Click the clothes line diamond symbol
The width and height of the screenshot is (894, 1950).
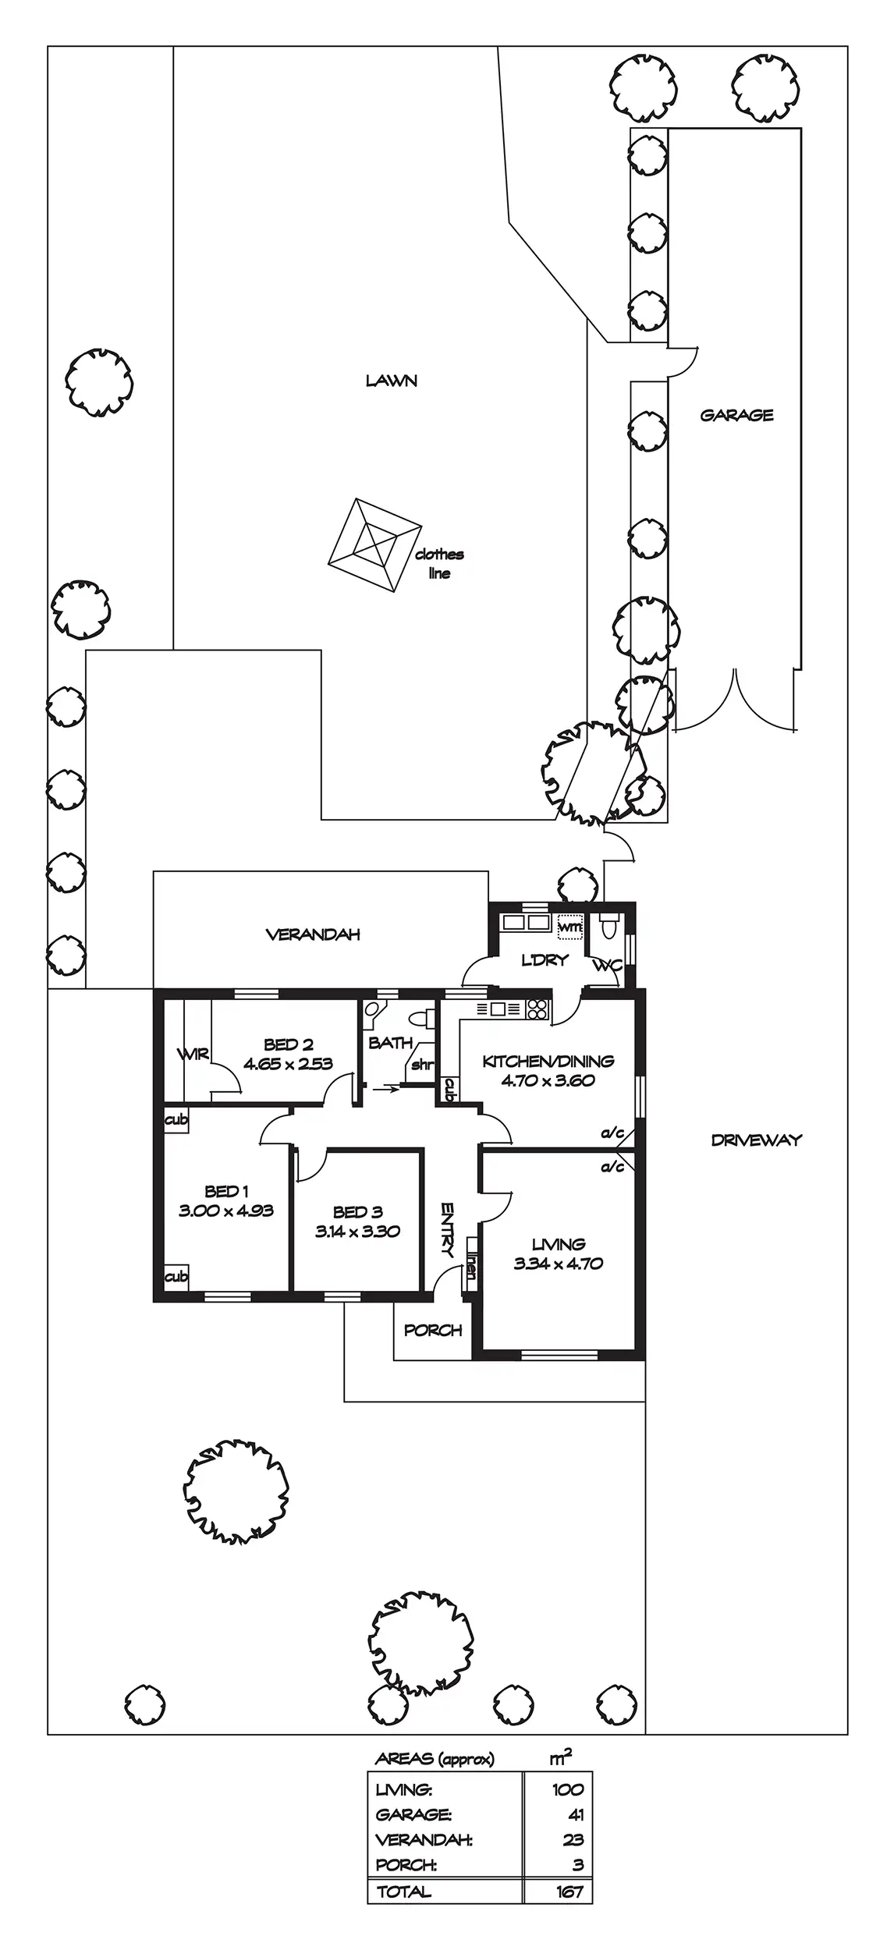tap(374, 544)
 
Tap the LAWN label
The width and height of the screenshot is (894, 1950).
tap(392, 381)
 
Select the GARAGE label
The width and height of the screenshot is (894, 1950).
tap(736, 415)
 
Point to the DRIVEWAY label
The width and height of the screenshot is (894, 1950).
tap(756, 1140)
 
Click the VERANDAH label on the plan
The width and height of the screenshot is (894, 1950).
tap(313, 934)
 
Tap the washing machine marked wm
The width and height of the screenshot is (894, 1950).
tap(570, 925)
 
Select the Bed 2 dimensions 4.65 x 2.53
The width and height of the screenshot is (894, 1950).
tap(288, 1064)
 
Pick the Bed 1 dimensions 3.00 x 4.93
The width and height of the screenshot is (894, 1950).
tap(226, 1211)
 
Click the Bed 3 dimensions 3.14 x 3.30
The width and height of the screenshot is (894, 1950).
tap(357, 1232)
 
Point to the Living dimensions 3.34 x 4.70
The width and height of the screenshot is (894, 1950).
tap(559, 1264)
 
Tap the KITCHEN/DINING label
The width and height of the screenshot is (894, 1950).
tap(548, 1061)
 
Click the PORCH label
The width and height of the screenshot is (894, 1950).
tap(433, 1330)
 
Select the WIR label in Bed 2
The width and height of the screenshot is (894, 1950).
tap(193, 1055)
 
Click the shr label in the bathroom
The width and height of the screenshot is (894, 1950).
tap(421, 1065)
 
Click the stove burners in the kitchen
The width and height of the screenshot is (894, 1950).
tap(537, 1009)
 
